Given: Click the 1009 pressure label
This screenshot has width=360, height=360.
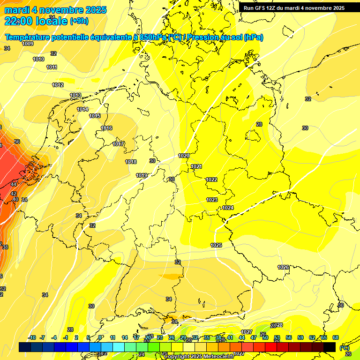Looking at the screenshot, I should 28,44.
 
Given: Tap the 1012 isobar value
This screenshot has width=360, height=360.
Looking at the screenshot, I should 58,85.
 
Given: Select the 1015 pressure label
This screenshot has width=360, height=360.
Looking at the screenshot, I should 95,116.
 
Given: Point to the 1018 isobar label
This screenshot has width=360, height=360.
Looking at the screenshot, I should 131,162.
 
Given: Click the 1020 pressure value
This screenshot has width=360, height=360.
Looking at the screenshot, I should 184,156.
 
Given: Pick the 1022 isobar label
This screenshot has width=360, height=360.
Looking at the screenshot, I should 211,180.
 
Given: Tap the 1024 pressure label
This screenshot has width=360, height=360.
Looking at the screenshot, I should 228,208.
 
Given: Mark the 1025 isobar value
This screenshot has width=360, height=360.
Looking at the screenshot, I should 216,245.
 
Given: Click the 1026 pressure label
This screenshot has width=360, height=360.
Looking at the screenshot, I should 283,267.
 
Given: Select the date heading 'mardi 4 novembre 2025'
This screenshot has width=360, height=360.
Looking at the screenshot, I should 55,10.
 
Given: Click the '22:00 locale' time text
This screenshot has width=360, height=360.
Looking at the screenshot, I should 36,21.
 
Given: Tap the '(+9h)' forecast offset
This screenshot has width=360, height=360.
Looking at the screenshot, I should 79,21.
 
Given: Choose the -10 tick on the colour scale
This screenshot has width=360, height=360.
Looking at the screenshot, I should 32,337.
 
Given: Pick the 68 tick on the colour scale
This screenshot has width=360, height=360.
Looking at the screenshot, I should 336,337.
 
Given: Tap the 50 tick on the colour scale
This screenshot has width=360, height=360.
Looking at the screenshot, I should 265,337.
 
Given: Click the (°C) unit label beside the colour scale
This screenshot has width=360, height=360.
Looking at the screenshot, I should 344,347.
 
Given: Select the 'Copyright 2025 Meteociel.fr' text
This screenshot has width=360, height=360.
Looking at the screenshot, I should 199,356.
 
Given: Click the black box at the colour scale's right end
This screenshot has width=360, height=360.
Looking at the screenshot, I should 330,347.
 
